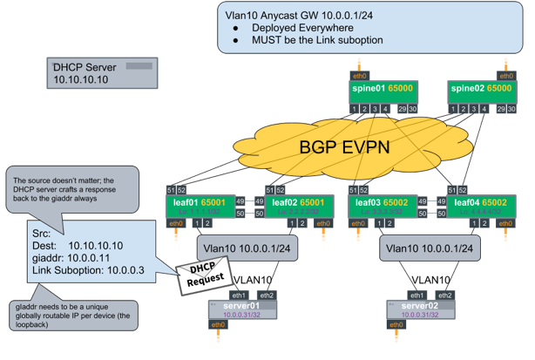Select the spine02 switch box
point(477,91)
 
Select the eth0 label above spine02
point(505,75)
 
